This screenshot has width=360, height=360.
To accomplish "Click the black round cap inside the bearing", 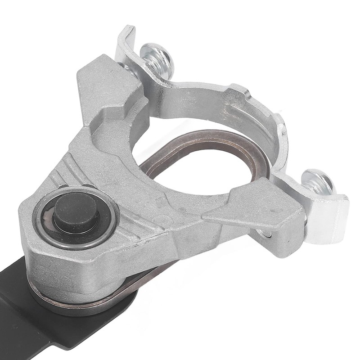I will (76, 213).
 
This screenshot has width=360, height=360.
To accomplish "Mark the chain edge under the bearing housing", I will (90, 302).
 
